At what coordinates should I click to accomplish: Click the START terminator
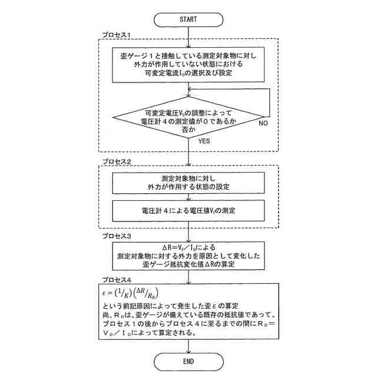(188, 19)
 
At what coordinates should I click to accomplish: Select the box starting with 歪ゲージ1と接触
(188, 64)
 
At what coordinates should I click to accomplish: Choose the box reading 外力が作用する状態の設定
(188, 183)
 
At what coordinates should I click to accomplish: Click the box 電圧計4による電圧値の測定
(188, 209)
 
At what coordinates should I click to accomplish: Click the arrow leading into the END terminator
(188, 346)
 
